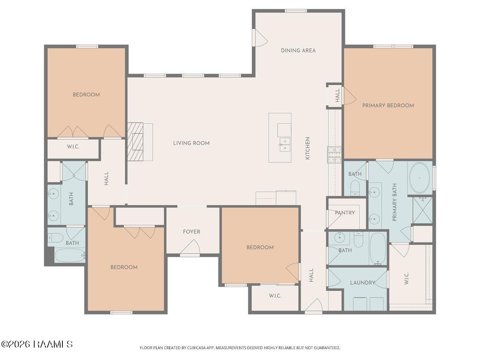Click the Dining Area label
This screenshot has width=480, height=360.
(x=298, y=51)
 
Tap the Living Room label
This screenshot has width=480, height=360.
(x=191, y=143)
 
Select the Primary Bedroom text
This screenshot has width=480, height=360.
(x=388, y=106)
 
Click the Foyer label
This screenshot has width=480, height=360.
(x=192, y=232)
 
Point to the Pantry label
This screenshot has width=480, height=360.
(x=345, y=213)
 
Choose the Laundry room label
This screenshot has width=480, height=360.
(x=362, y=283)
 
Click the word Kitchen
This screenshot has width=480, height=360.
(x=307, y=148)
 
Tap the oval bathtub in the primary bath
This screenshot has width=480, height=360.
(x=419, y=178)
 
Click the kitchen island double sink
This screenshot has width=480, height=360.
(x=284, y=144)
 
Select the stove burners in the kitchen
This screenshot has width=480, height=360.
(x=334, y=155)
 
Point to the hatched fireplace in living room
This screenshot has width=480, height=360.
(x=135, y=142)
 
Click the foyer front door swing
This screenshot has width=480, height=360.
(x=190, y=247)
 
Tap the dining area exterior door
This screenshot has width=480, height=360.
(x=260, y=38)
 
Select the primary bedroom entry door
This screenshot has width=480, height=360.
(x=349, y=95)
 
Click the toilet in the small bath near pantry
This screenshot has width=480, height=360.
(x=355, y=187)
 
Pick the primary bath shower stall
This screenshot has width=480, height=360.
(x=423, y=210)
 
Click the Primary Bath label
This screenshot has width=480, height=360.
(x=395, y=202)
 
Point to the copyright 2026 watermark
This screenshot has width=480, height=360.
(x=37, y=344)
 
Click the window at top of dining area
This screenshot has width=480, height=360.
(x=296, y=11)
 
